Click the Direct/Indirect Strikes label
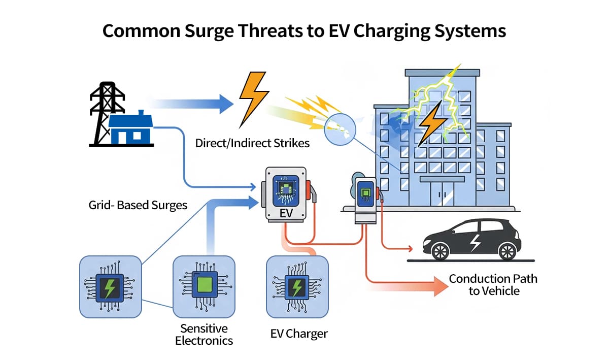(252, 143)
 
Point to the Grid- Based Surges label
(138, 205)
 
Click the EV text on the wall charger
(286, 213)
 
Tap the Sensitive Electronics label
(204, 334)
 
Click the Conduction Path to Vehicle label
(493, 284)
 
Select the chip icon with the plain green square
(204, 286)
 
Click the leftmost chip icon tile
(110, 286)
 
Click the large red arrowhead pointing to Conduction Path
(439, 286)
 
